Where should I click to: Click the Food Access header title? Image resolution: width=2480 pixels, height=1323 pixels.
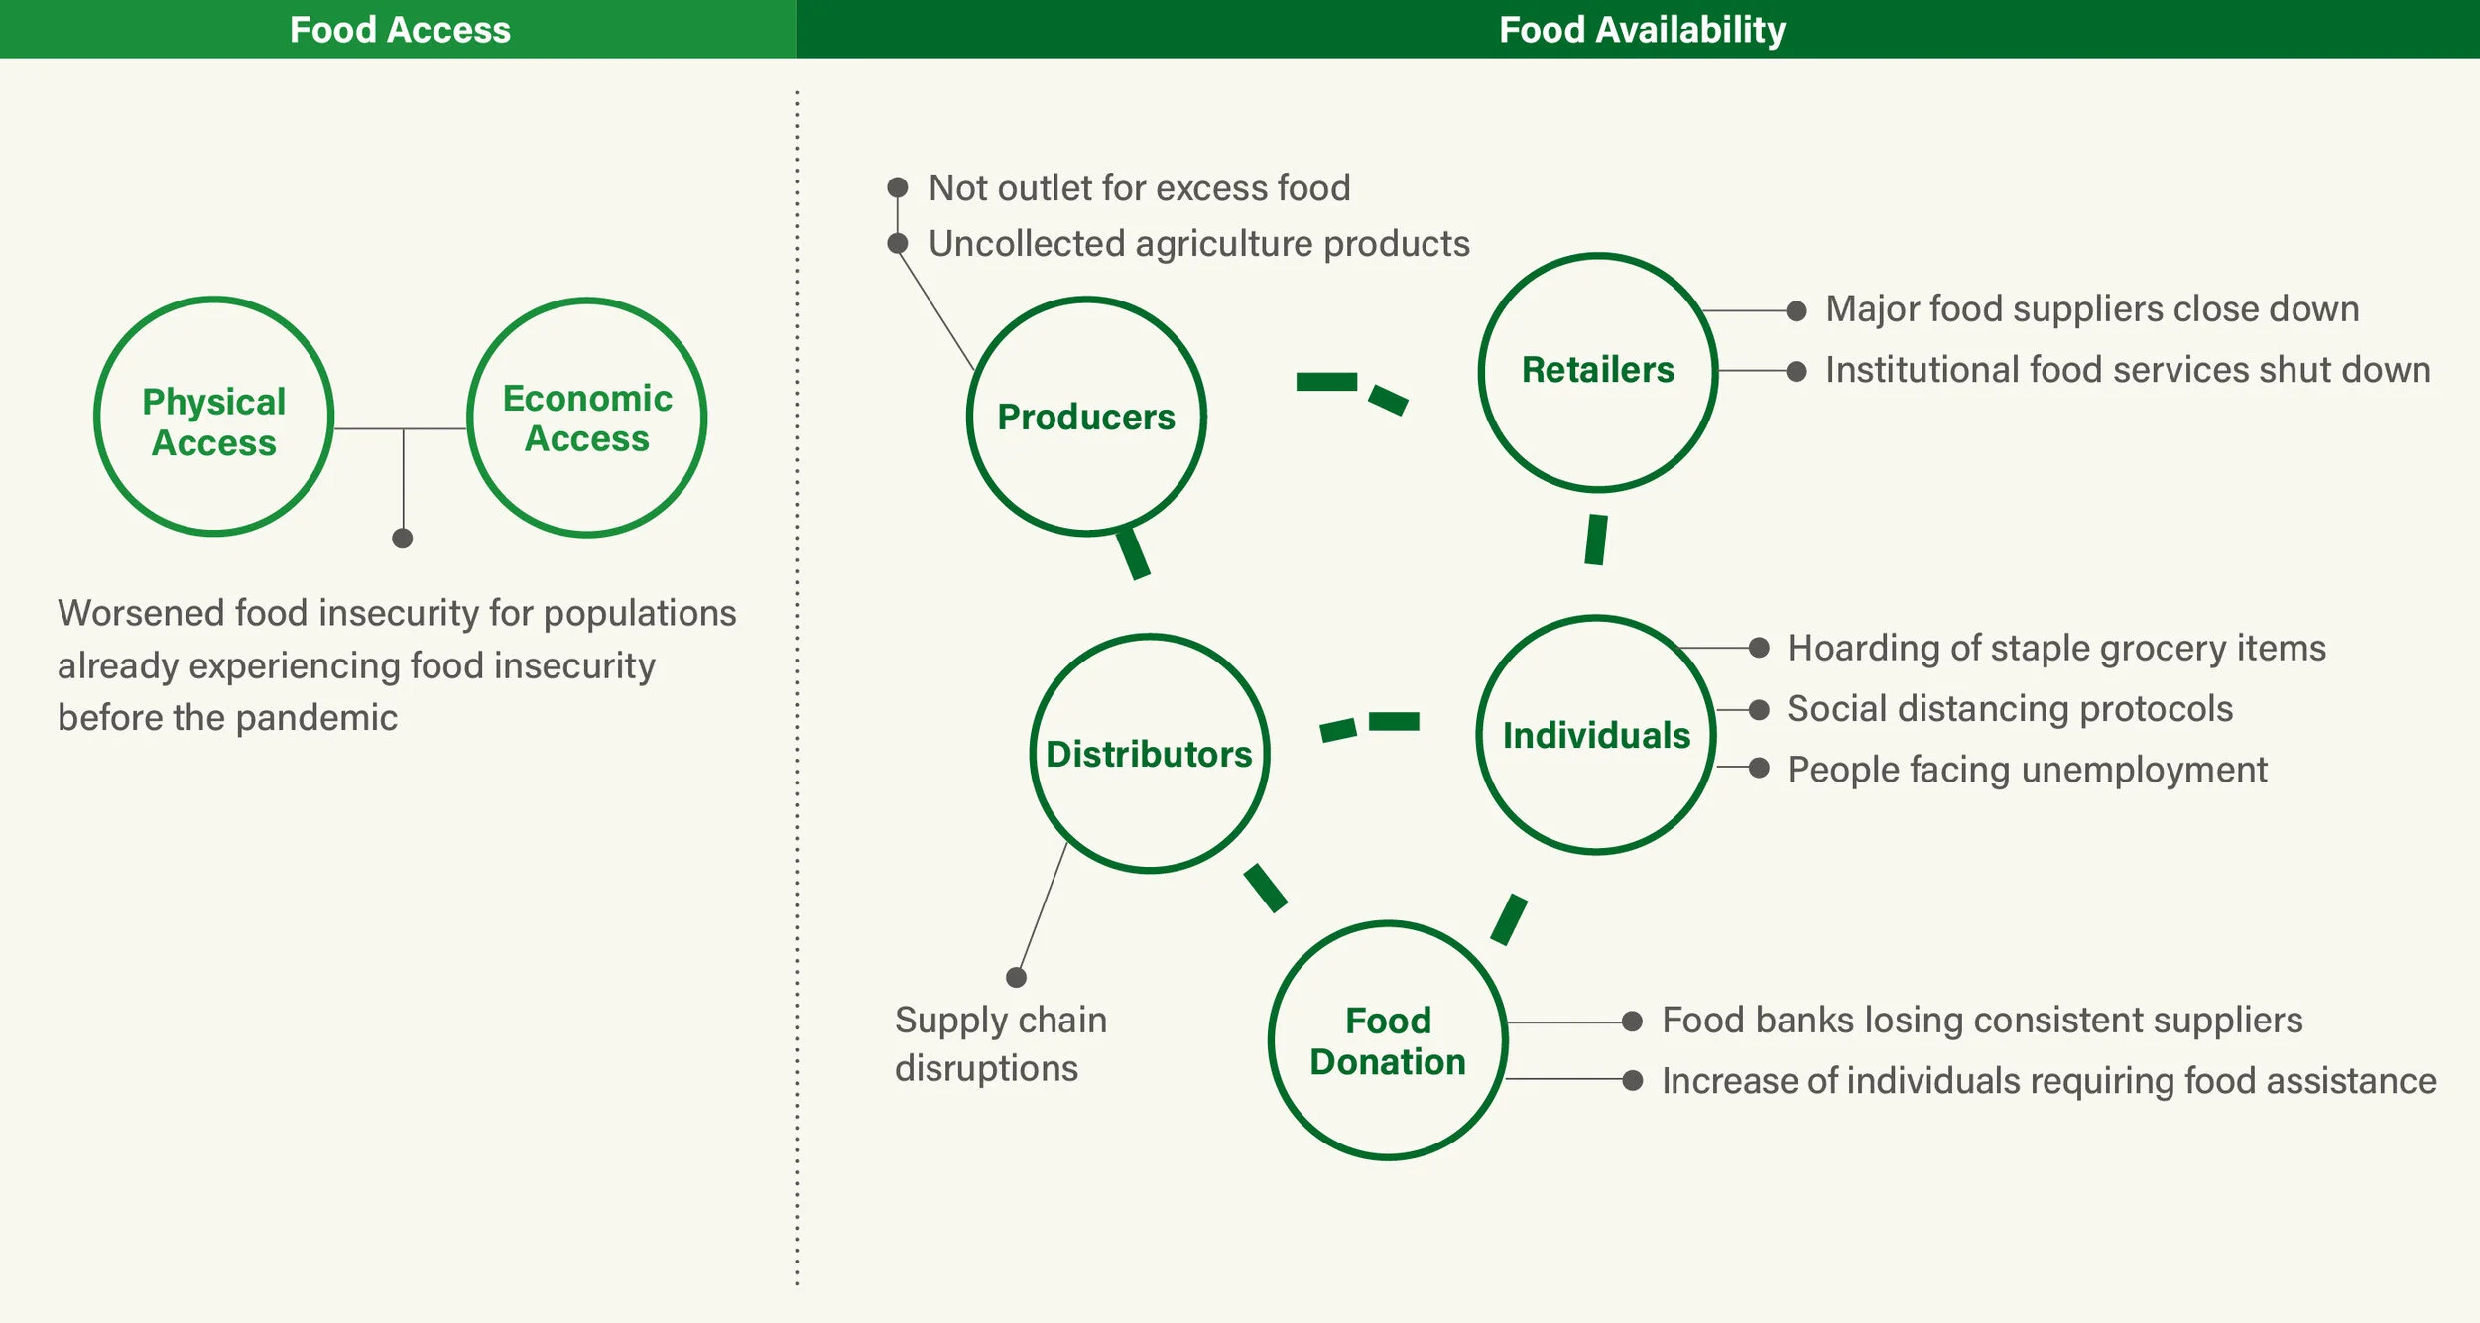(400, 30)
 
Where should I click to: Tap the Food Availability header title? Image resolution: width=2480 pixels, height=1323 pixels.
(1642, 30)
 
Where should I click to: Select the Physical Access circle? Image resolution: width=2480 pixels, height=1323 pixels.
(214, 417)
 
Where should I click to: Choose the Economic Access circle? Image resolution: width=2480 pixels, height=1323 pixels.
(587, 418)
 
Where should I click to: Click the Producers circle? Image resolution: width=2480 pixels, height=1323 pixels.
(1086, 417)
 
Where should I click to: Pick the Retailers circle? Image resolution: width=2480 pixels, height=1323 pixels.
(1598, 372)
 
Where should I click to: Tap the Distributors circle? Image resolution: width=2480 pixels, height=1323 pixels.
(1150, 754)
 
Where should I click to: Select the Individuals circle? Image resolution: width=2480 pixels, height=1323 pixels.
(1596, 735)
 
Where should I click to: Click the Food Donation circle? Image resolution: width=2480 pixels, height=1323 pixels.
(1388, 1040)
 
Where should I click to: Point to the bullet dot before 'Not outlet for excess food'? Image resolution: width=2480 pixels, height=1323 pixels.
(898, 187)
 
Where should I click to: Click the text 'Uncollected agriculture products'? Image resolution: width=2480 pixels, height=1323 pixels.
(1198, 244)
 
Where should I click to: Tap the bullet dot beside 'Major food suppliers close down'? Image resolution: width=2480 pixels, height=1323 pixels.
(1796, 310)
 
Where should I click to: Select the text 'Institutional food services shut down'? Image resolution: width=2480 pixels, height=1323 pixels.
(2128, 370)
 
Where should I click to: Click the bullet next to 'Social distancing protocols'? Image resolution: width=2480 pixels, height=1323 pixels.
(1759, 709)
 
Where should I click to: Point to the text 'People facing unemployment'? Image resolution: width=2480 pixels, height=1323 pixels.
(2027, 770)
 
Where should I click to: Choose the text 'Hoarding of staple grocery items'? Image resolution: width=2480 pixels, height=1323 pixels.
(2055, 648)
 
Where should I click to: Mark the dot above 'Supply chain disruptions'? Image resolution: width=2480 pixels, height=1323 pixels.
(1016, 977)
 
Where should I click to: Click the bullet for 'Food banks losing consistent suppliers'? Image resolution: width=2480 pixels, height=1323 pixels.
(1632, 1022)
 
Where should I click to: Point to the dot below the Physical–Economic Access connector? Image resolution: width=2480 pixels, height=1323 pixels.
(402, 539)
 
